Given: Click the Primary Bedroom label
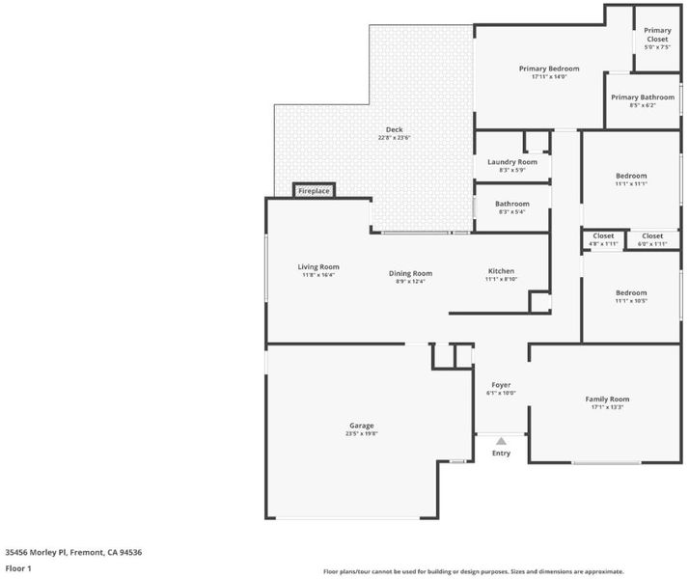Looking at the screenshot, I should point(548,69).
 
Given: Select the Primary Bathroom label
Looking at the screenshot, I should point(642,97).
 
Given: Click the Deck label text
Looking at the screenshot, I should point(394,130).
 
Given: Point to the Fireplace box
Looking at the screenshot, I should point(314,191).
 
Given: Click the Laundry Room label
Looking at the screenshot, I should point(511,162).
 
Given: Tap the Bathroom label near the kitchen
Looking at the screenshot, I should point(511,204).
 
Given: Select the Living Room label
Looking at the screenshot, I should point(317,267).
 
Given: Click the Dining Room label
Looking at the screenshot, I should point(410,273).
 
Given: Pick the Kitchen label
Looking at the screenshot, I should point(501,271).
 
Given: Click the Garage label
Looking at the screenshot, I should point(361,426).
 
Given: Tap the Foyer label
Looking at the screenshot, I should point(501,385).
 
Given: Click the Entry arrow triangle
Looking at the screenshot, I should point(501,440).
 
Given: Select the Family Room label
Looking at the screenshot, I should point(607,399).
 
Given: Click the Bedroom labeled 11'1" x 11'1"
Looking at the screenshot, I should point(631,176).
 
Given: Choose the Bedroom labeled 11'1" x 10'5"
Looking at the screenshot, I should point(631,292).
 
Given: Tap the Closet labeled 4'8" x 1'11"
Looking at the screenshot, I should point(603,235).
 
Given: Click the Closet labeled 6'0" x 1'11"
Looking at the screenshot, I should point(652,235).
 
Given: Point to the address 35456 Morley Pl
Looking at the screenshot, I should point(73,552).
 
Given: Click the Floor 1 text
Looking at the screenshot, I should point(18,568).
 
